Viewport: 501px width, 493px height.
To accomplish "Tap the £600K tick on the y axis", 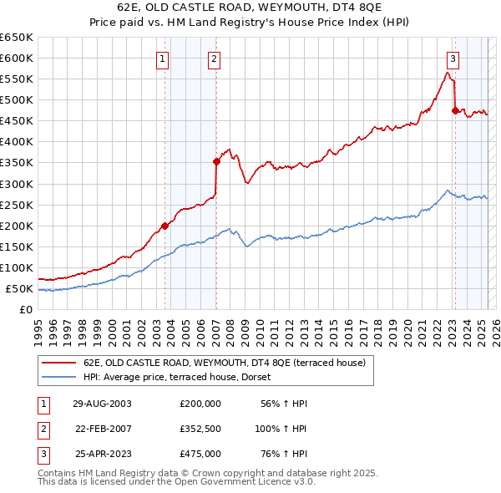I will tap(16, 58).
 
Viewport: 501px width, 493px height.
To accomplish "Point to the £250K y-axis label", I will tap(16, 205).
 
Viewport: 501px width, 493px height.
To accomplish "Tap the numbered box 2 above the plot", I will tap(215, 58).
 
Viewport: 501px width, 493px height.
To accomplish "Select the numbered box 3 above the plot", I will tap(452, 58).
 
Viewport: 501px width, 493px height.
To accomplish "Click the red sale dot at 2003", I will tap(165, 226).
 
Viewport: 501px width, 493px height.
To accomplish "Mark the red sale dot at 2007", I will tap(216, 161).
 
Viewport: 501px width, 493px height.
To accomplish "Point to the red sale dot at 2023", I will tap(455, 109).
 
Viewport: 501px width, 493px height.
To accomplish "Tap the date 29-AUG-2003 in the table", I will tap(103, 404).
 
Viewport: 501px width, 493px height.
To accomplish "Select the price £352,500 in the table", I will tap(200, 429).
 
